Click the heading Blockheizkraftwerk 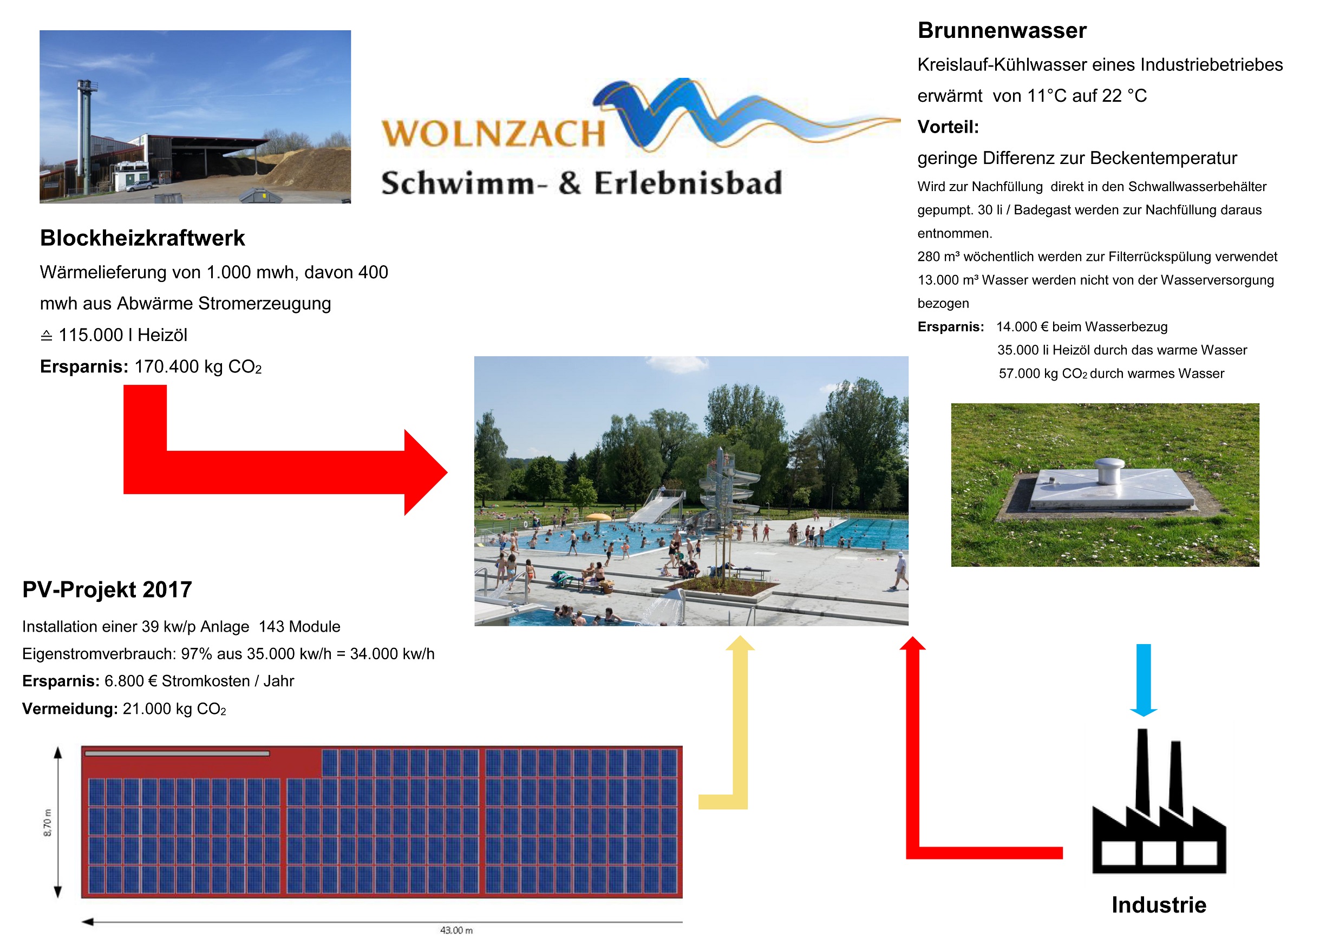click(x=142, y=238)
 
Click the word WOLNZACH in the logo click(x=493, y=134)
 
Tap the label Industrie click(x=1159, y=905)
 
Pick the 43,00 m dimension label click(x=456, y=930)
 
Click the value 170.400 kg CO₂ click(x=198, y=367)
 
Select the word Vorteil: click(x=948, y=127)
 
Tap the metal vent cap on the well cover click(x=1110, y=471)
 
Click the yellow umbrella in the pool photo click(x=598, y=516)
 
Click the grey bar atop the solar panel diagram click(x=177, y=753)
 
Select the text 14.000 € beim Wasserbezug click(x=1082, y=327)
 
